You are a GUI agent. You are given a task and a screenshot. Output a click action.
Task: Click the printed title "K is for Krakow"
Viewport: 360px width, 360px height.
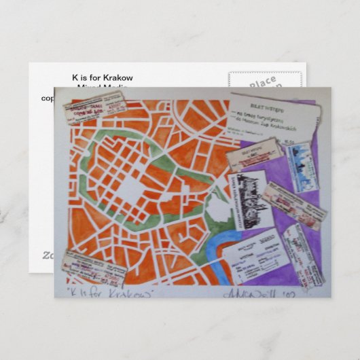[x=103, y=77]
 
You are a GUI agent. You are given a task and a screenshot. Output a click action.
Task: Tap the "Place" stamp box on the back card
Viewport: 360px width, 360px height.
[x=263, y=82]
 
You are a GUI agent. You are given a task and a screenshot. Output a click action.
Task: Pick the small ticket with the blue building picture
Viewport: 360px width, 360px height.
[x=300, y=166]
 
